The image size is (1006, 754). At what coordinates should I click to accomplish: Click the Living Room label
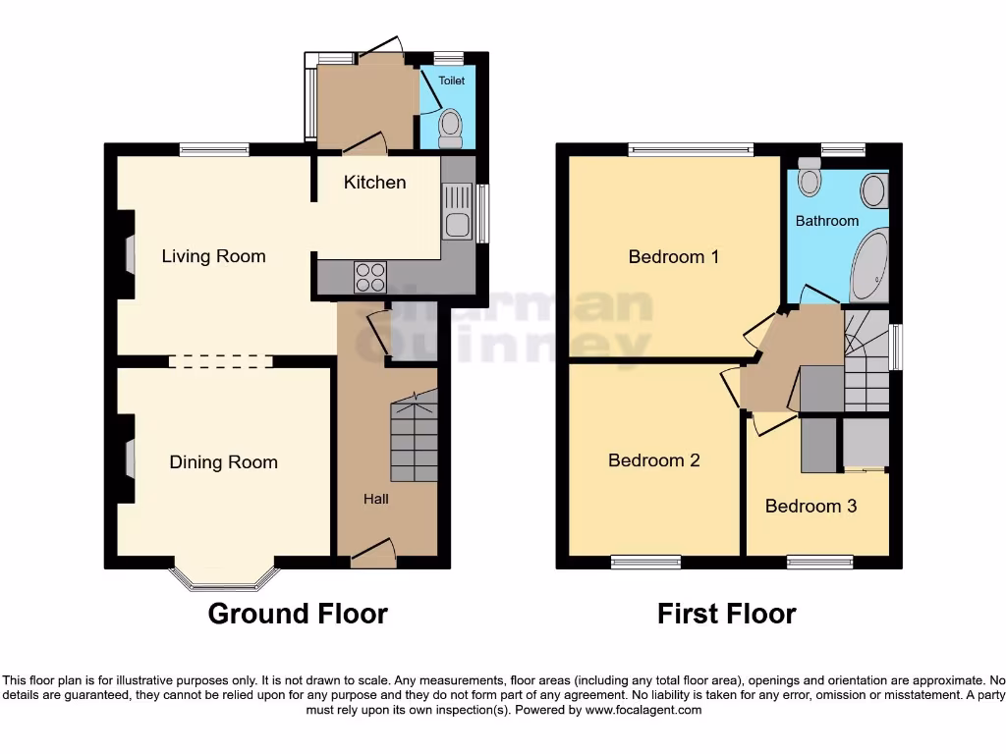213,256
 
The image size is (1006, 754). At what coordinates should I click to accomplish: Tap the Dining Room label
223,462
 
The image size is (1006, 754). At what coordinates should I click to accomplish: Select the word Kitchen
374,182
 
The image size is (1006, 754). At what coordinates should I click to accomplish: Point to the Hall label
376,499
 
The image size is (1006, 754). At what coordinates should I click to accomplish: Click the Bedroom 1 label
674,256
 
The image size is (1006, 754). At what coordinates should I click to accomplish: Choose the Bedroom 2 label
653,459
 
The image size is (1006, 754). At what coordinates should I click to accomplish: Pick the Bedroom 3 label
810,506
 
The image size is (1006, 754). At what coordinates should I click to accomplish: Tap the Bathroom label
827,221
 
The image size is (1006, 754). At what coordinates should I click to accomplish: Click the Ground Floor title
298,614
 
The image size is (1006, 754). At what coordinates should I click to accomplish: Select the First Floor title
726,614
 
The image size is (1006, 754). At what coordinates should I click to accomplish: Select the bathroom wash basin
872,188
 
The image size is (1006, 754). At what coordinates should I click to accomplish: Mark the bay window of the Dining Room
224,581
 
